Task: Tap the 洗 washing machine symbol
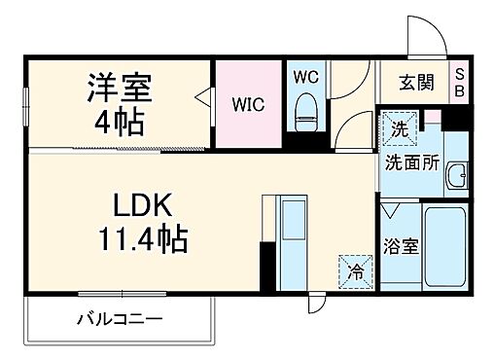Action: pos(399,126)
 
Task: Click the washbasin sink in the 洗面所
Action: pos(456,174)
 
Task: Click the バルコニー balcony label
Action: pos(119,318)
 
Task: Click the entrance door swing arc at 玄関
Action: pos(424,37)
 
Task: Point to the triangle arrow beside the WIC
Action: pos(204,96)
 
